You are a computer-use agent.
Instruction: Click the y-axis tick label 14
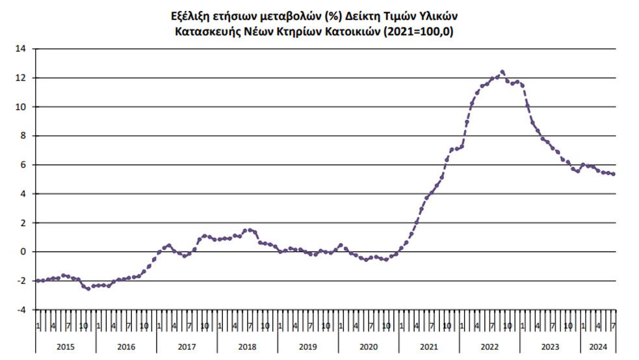tap(21, 49)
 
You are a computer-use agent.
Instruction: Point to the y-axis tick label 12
tap(21, 78)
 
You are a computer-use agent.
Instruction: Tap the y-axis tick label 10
tap(21, 107)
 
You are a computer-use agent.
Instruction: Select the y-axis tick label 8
tap(23, 136)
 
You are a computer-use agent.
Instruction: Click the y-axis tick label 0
tap(23, 252)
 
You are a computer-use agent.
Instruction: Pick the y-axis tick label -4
tap(21, 310)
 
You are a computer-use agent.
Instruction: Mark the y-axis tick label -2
tap(21, 281)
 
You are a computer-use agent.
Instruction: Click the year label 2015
tap(66, 347)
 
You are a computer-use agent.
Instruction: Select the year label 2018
tap(248, 347)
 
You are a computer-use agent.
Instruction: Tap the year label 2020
tap(369, 347)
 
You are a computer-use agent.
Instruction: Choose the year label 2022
tap(489, 347)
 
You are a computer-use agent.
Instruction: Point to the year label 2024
tap(598, 347)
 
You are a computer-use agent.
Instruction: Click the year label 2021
tap(429, 347)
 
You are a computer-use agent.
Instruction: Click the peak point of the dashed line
tap(502, 72)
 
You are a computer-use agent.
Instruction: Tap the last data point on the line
tap(614, 174)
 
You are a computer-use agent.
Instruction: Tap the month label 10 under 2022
tap(507, 325)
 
